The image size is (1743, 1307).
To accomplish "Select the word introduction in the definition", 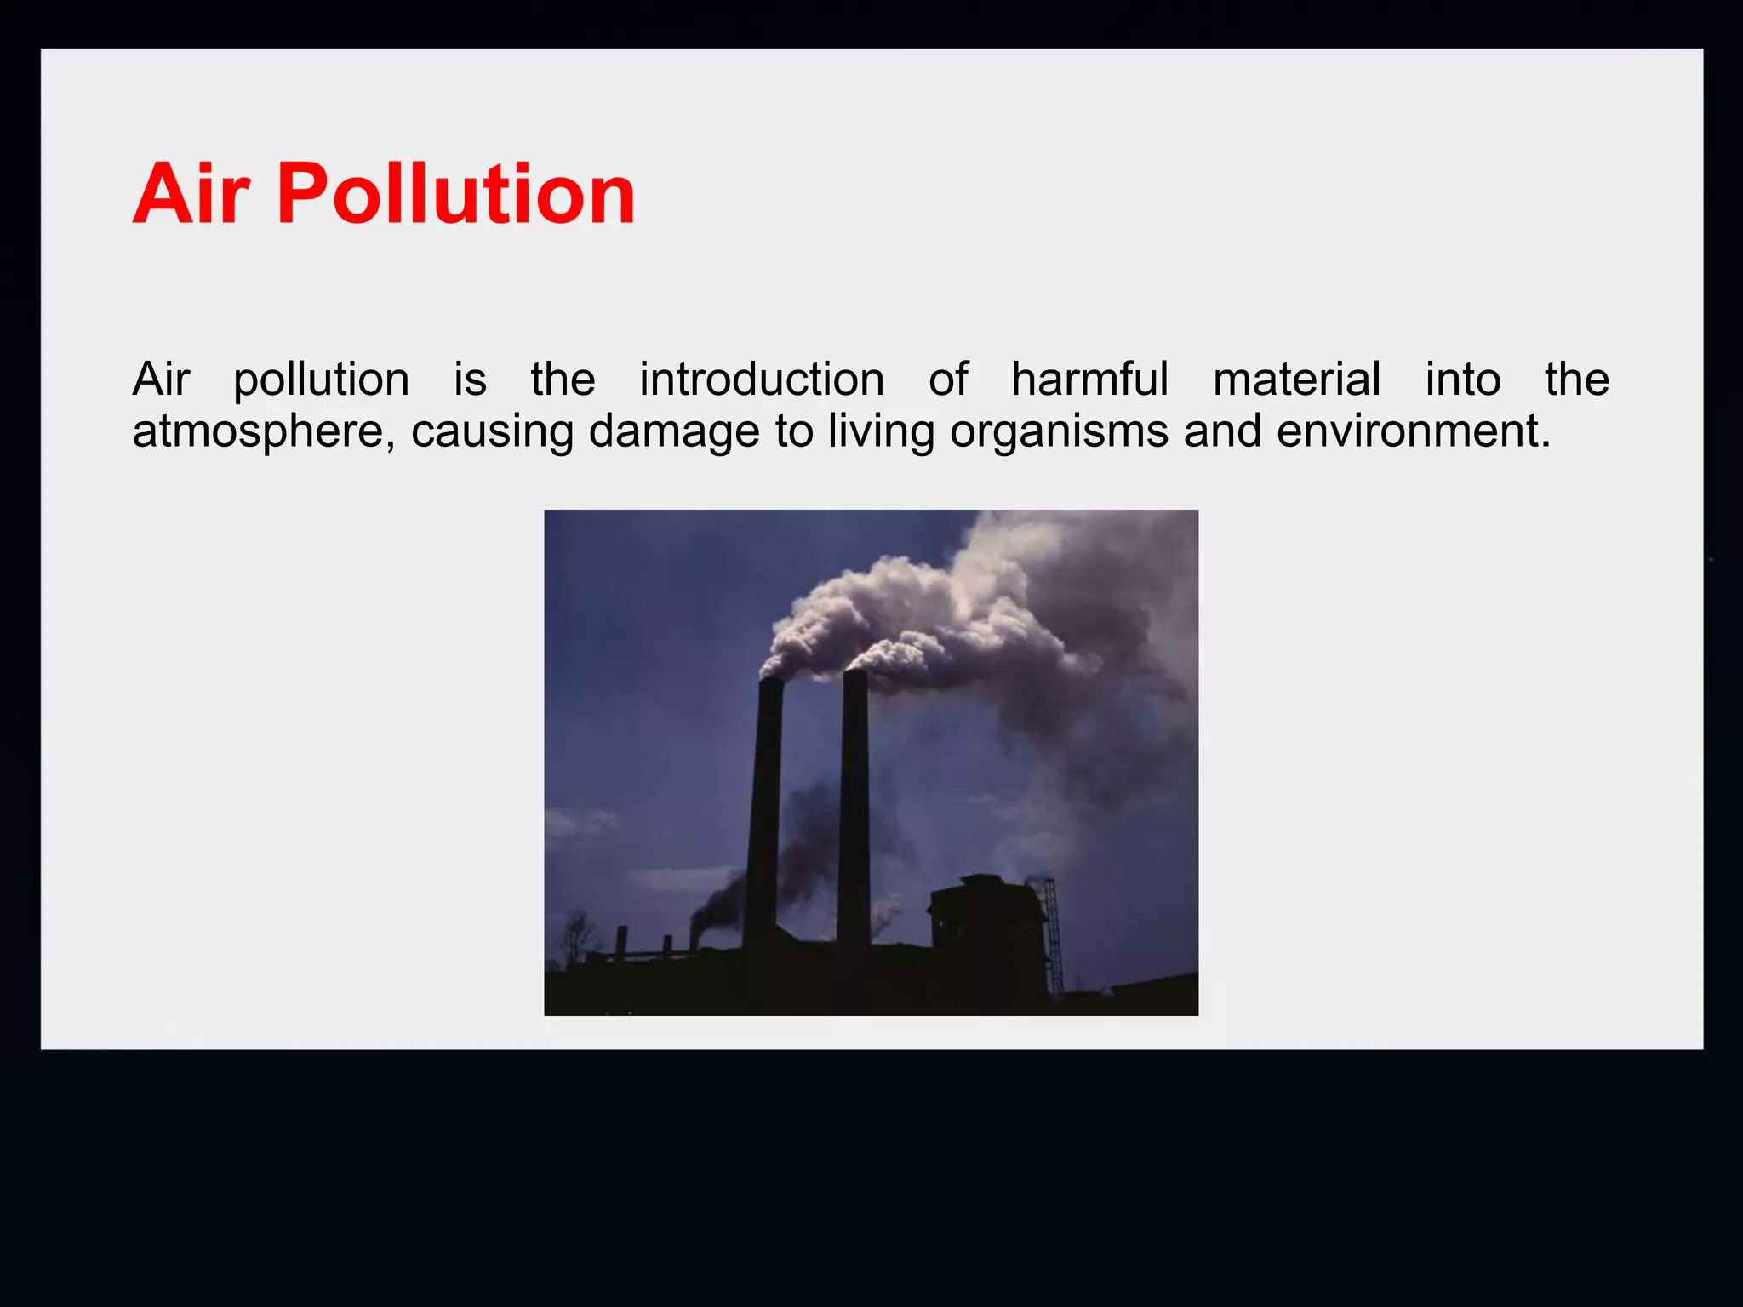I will pyautogui.click(x=762, y=380).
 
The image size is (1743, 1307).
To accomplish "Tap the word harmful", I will pyautogui.click(x=1090, y=380).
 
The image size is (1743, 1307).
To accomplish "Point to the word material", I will pyautogui.click(x=1296, y=380).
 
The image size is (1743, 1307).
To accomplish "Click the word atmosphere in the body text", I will pyautogui.click(x=263, y=431).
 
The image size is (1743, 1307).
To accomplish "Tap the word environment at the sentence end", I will pyautogui.click(x=1413, y=431).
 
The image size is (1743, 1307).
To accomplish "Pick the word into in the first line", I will pyautogui.click(x=1463, y=380).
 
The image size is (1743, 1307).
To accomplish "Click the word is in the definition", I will pyautogui.click(x=470, y=380).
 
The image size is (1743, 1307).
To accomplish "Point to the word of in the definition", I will pyautogui.click(x=948, y=380).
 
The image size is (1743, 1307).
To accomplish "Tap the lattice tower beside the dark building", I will pyautogui.click(x=1053, y=936).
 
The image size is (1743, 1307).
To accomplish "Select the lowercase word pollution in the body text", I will pyautogui.click(x=321, y=381).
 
